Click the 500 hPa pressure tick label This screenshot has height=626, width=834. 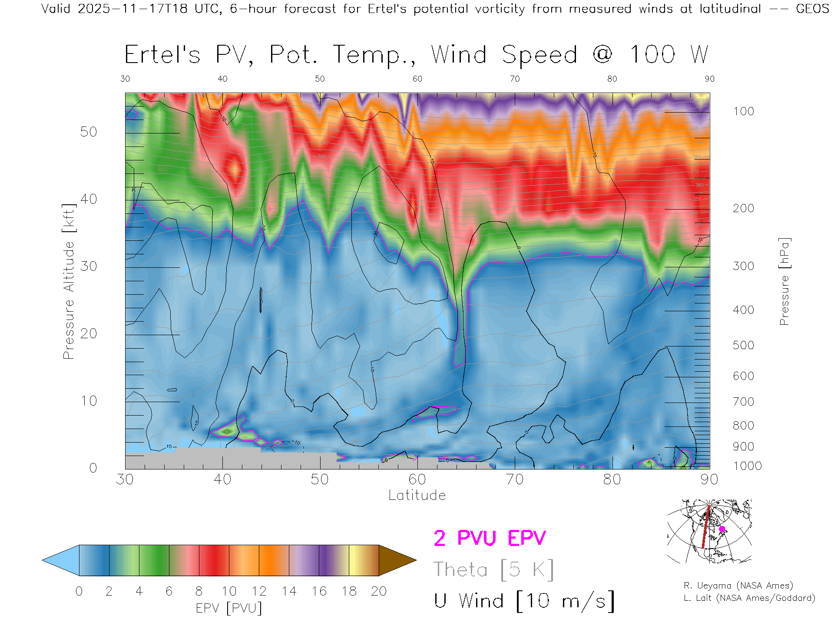click(743, 345)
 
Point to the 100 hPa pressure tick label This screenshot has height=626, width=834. click(743, 111)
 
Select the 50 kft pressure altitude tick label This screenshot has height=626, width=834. click(88, 132)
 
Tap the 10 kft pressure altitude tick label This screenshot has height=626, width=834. click(88, 401)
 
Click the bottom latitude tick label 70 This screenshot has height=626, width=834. click(514, 479)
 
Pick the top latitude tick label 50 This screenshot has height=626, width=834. click(320, 79)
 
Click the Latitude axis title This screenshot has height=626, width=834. click(417, 496)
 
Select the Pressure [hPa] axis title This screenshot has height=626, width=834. click(784, 281)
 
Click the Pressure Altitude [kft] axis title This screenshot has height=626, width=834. click(69, 281)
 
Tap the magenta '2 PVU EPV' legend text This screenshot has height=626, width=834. click(490, 538)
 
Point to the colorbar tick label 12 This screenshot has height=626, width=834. click(259, 591)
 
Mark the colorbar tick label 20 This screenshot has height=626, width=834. click(379, 591)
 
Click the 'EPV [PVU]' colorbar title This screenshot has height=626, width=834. click(229, 608)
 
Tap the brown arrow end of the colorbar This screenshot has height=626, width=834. click(396, 560)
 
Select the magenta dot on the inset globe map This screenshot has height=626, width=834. click(722, 529)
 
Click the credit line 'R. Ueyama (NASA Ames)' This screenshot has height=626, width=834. click(738, 586)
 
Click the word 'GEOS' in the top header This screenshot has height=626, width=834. click(812, 9)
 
